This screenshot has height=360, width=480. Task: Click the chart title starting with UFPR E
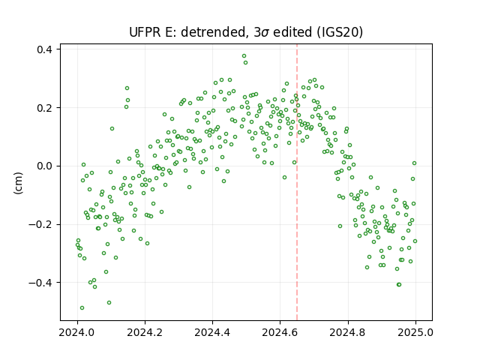coord(246,32)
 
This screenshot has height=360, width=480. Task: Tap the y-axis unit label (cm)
coord(18,183)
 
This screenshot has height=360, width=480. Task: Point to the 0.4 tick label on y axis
coord(44,49)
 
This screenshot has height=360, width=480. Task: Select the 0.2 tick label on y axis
coord(44,108)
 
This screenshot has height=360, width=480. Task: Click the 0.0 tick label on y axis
coord(44,166)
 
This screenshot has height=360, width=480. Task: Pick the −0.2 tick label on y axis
coord(40,224)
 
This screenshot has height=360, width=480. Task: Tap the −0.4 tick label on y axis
coord(40,283)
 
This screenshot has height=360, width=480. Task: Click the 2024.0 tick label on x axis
coord(77,332)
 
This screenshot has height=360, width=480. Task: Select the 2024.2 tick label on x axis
coord(145,332)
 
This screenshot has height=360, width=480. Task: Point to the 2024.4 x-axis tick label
coord(212,332)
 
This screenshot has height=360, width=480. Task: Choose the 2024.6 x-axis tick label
coord(280,332)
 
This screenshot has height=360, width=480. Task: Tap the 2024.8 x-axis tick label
coord(348,332)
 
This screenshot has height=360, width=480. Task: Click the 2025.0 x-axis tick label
coord(415,332)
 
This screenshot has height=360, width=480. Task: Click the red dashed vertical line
coord(297,182)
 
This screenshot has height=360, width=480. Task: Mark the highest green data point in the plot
coord(244,56)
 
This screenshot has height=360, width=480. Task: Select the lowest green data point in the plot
coord(82,307)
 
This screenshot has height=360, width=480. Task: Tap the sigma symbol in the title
coord(265,33)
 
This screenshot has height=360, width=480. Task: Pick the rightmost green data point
coord(415,241)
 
